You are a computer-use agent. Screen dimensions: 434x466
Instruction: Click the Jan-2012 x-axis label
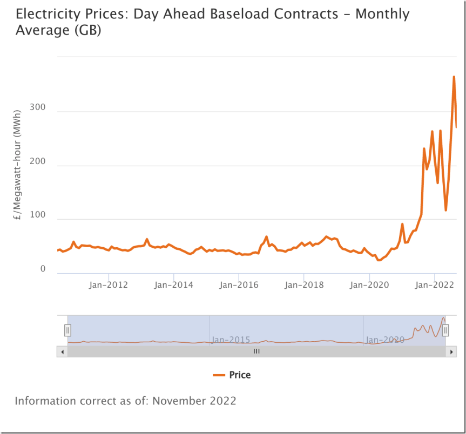pyautogui.click(x=108, y=284)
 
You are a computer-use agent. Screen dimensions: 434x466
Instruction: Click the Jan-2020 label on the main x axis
pyautogui.click(x=369, y=284)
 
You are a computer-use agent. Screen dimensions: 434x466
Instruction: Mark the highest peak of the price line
pyautogui.click(x=454, y=77)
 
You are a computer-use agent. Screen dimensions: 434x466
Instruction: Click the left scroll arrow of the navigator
pyautogui.click(x=62, y=351)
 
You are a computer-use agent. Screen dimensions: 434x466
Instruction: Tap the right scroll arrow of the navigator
pyautogui.click(x=451, y=351)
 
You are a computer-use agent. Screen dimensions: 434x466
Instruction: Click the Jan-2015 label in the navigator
pyautogui.click(x=231, y=340)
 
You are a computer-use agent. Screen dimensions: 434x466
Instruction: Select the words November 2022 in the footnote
pyautogui.click(x=194, y=401)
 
